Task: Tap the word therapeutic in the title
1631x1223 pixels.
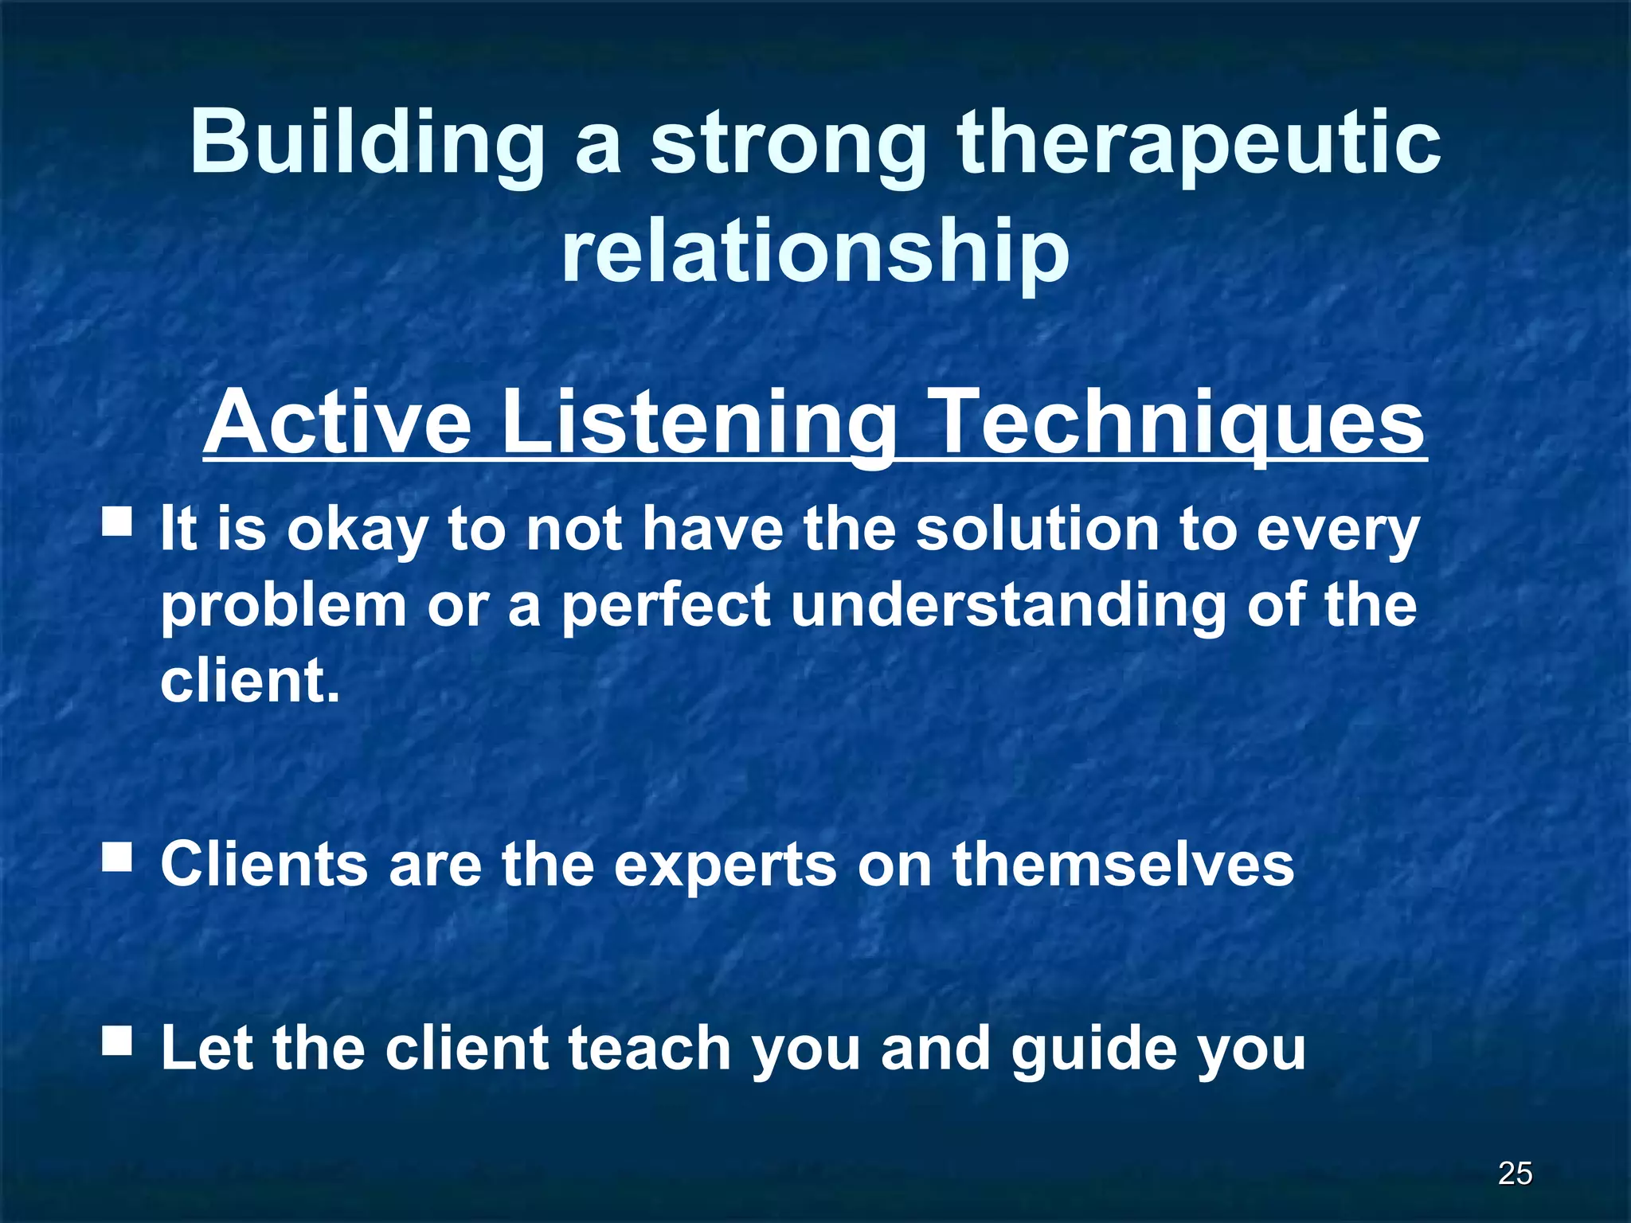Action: click(1199, 143)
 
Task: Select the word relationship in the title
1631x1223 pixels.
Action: click(815, 251)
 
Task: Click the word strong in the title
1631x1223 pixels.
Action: click(788, 143)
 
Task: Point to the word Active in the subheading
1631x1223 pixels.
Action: click(338, 422)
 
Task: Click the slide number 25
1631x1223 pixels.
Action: click(1515, 1173)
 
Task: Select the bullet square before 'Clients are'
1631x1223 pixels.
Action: click(117, 858)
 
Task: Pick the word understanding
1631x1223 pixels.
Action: click(1008, 605)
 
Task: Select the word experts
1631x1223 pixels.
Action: click(725, 865)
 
